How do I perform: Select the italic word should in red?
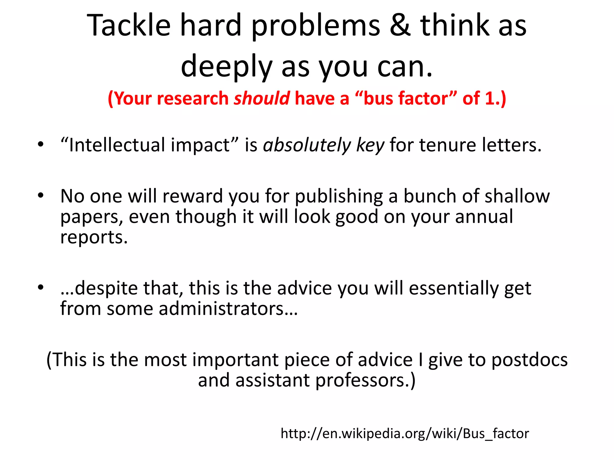(x=262, y=99)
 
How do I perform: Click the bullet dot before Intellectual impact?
(x=40, y=144)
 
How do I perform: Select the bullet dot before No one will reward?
(x=40, y=196)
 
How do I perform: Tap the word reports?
(x=94, y=237)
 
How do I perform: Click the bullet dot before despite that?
(x=40, y=287)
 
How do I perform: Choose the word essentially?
(x=453, y=288)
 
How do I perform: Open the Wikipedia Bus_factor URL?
(x=405, y=434)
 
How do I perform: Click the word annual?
(x=484, y=217)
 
